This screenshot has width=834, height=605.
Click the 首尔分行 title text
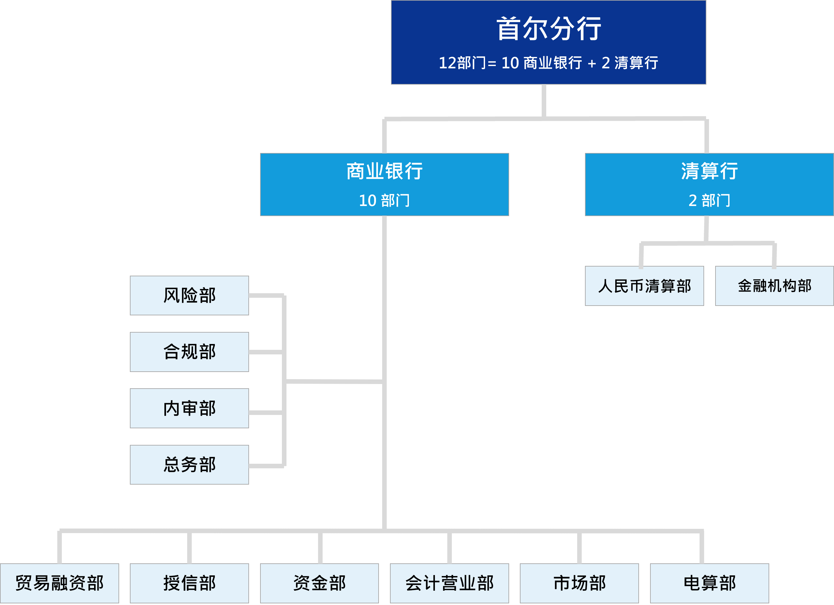click(x=548, y=29)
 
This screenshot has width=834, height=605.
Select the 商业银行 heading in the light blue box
click(x=384, y=171)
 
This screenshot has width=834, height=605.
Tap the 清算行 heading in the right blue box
click(x=709, y=171)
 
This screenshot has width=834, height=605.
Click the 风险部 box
click(x=189, y=296)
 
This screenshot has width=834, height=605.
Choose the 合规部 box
click(x=189, y=352)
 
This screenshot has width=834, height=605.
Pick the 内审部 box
click(x=189, y=408)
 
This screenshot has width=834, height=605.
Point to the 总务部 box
click(x=189, y=465)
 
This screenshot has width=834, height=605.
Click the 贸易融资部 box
click(x=60, y=583)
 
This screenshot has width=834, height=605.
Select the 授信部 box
click(x=189, y=583)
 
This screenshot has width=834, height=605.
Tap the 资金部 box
click(x=319, y=583)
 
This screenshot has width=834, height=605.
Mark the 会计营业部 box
click(x=449, y=583)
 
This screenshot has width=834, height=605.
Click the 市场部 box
click(x=579, y=583)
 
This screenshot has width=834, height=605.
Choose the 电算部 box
click(x=709, y=583)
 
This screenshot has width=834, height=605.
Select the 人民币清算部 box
click(x=644, y=286)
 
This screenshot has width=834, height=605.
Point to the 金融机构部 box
click(x=774, y=286)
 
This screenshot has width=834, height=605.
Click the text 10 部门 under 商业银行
click(x=384, y=201)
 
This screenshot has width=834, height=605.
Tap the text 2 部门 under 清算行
click(x=709, y=201)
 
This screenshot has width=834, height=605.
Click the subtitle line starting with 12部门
click(x=548, y=63)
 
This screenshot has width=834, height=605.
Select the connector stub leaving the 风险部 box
click(x=266, y=296)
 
